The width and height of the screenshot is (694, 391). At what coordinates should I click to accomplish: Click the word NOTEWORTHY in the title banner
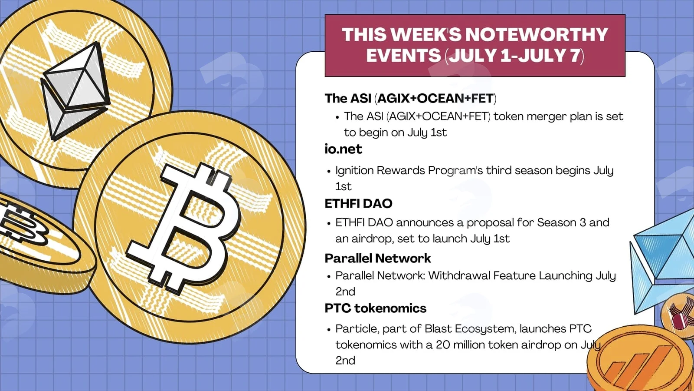(537, 34)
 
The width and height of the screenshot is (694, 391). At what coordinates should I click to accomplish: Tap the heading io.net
(343, 149)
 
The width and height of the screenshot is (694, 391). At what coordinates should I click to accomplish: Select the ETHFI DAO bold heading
(358, 204)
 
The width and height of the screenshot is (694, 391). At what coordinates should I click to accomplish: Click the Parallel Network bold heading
(378, 258)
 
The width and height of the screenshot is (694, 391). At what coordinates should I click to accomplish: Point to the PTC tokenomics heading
(376, 308)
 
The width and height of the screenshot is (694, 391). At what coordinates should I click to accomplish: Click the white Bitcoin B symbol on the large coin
(183, 228)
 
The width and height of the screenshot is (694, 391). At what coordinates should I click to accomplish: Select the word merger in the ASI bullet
(547, 117)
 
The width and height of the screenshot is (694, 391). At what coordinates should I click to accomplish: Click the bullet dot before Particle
(329, 330)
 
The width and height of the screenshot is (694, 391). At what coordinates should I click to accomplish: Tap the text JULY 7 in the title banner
(549, 56)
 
